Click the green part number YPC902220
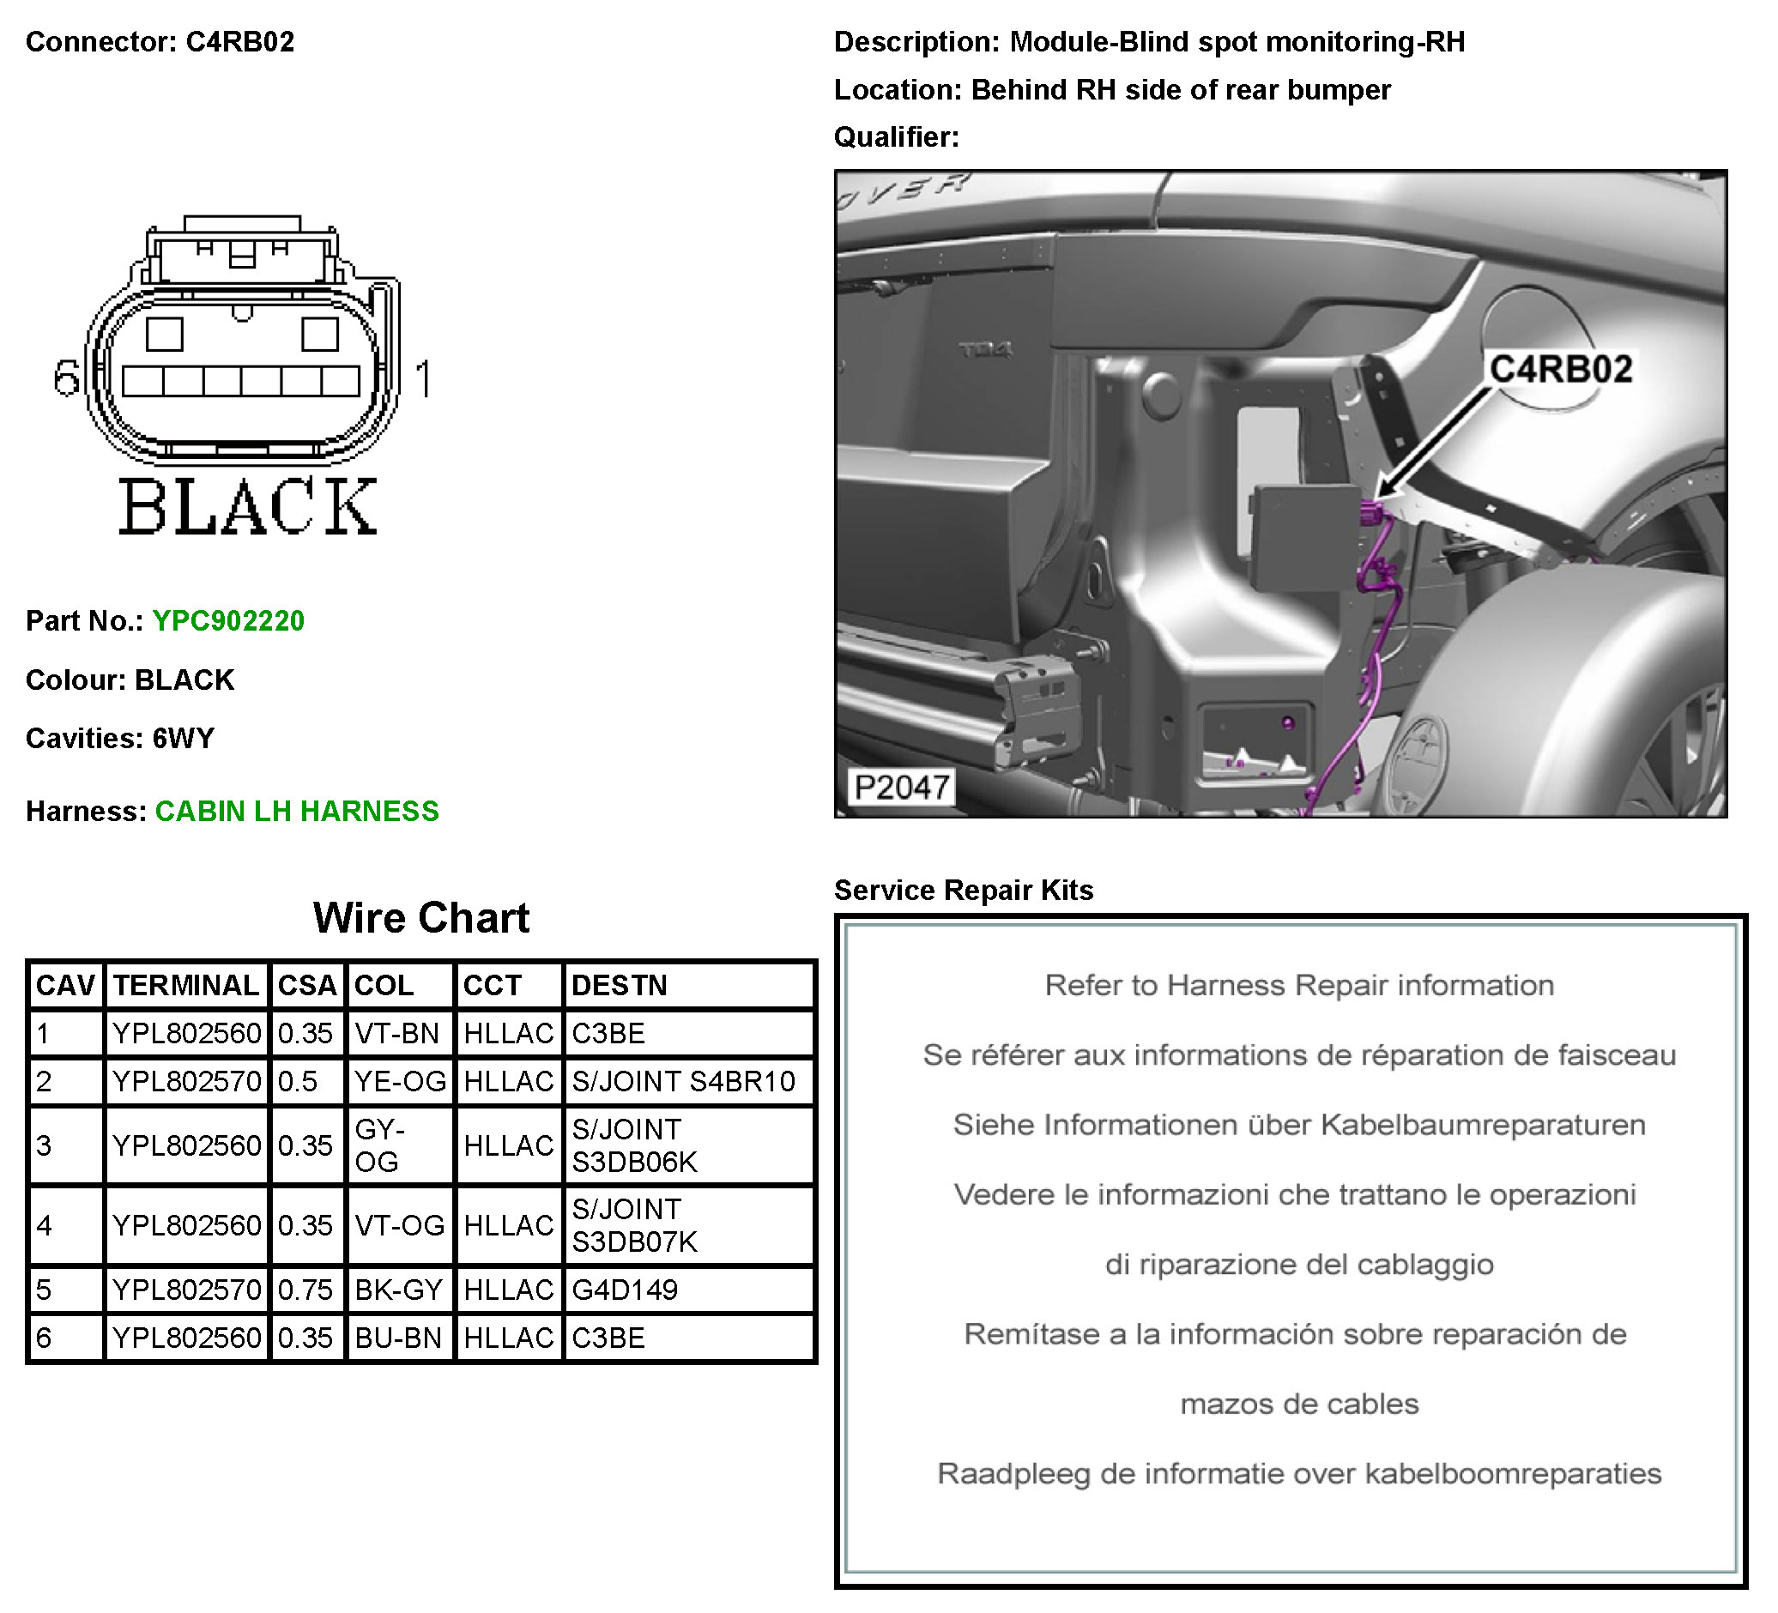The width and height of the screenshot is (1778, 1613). tap(227, 621)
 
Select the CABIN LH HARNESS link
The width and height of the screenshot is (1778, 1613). tap(296, 812)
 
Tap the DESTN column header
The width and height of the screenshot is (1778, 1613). tap(620, 985)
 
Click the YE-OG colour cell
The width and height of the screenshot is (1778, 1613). tap(400, 1081)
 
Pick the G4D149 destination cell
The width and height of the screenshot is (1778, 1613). tap(625, 1290)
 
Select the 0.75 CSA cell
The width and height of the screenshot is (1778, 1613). tap(305, 1290)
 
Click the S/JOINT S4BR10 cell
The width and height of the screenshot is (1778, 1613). tap(684, 1081)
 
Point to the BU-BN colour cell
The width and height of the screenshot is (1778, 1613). tap(398, 1338)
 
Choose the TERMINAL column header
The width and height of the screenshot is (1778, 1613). tap(186, 985)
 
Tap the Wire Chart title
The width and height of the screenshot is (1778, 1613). tap(420, 918)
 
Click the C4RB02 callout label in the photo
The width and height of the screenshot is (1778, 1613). tap(1560, 369)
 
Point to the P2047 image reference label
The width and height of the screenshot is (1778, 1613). tap(901, 787)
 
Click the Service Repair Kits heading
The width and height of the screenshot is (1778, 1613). tap(963, 890)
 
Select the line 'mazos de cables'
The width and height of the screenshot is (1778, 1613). tap(1299, 1403)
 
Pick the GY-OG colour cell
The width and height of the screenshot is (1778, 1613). tap(380, 1145)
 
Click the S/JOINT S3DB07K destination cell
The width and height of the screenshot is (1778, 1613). tap(635, 1225)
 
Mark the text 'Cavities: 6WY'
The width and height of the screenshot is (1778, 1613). tap(120, 738)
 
